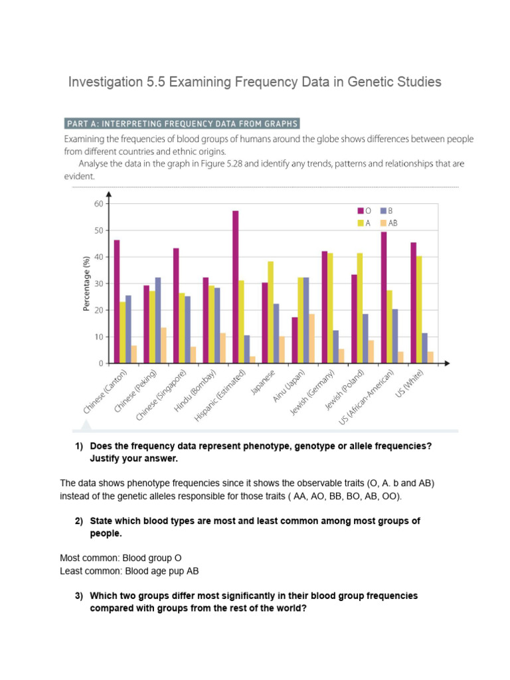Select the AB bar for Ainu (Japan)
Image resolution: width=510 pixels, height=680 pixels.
[312, 339]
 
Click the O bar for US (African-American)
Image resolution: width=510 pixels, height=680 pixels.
[384, 297]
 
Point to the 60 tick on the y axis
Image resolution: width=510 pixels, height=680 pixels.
[99, 204]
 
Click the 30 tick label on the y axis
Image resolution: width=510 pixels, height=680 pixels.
[99, 284]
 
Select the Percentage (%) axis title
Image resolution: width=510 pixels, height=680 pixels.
[86, 284]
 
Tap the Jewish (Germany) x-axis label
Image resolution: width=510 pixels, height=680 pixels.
[311, 396]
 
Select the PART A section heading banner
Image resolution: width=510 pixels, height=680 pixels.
[182, 124]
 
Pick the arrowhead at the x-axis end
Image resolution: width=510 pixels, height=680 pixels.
[447, 363]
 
